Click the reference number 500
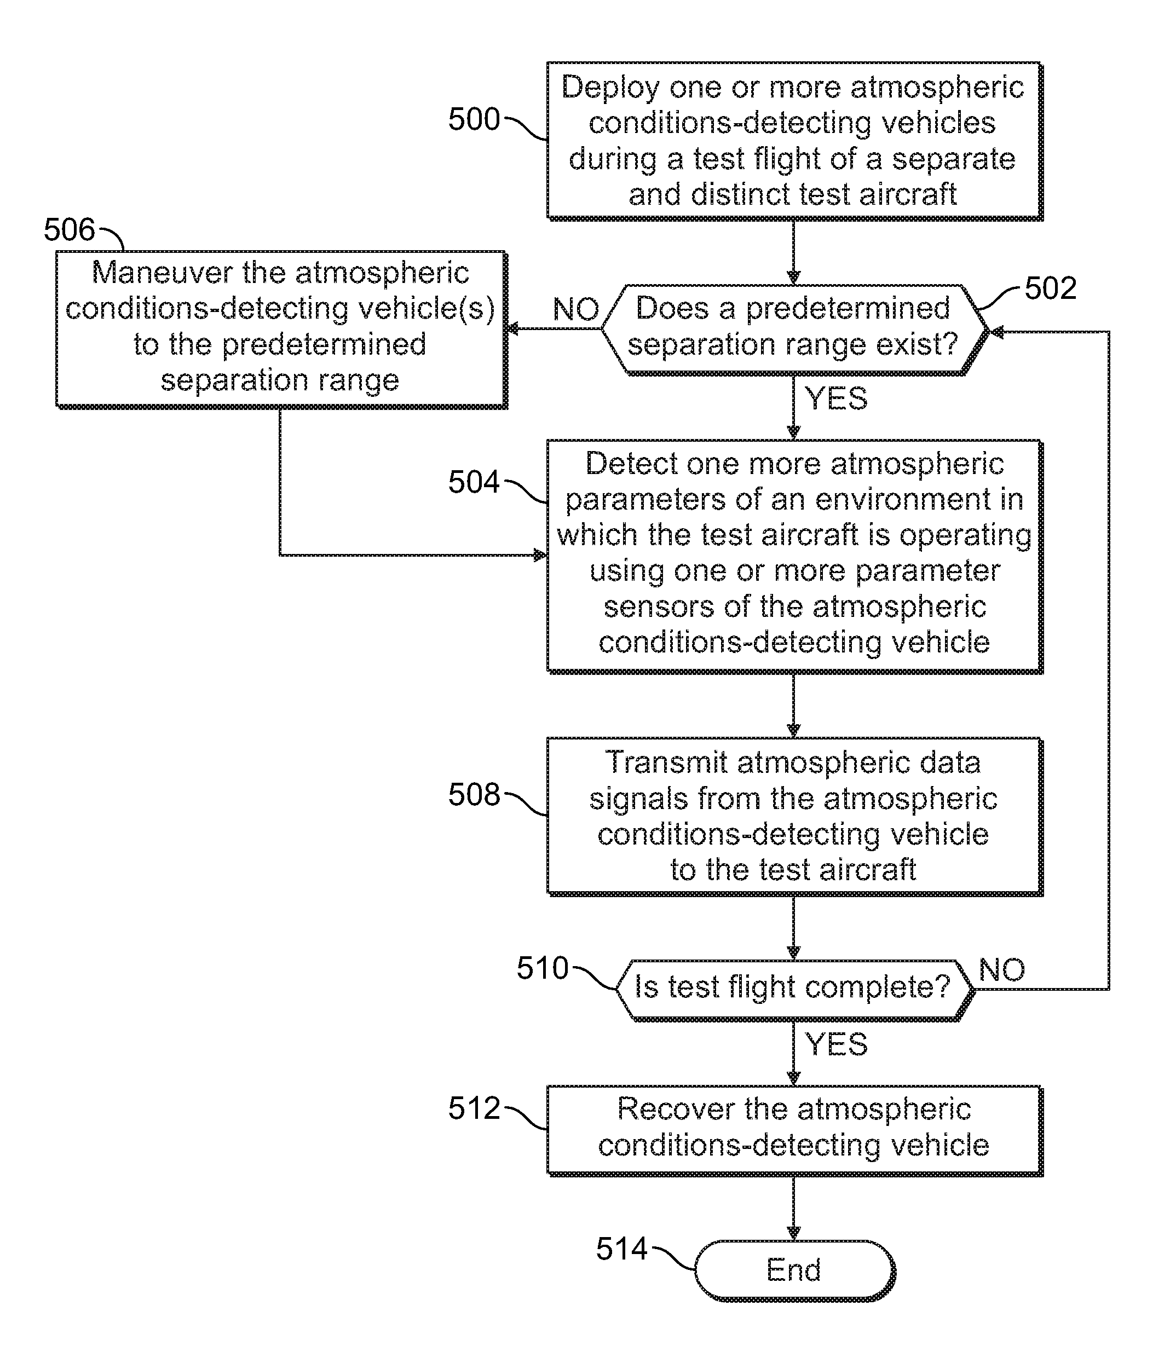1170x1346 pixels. point(474,119)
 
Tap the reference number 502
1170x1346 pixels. point(1051,288)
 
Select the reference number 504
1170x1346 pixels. point(474,482)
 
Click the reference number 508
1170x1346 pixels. point(474,794)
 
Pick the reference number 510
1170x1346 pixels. point(543,968)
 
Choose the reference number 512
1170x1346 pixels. point(474,1108)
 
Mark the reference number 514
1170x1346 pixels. point(621,1249)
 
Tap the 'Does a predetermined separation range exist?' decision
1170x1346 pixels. point(793,330)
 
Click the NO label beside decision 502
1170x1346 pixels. point(576,309)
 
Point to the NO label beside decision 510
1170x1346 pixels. point(1002,970)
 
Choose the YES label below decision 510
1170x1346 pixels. point(837,1044)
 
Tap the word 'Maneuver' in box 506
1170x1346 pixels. point(162,273)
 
